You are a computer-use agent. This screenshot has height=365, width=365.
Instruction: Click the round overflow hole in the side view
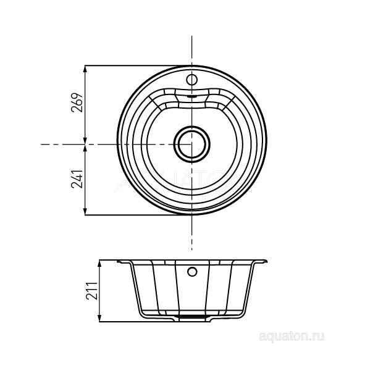[x=192, y=271]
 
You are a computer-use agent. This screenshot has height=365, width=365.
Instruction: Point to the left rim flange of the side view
[x=121, y=261]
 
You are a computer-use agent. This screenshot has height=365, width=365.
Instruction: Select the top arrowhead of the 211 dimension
[x=100, y=261]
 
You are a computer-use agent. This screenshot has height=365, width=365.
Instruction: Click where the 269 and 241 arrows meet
[x=85, y=144]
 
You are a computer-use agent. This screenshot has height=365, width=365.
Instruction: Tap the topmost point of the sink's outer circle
[x=191, y=64]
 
